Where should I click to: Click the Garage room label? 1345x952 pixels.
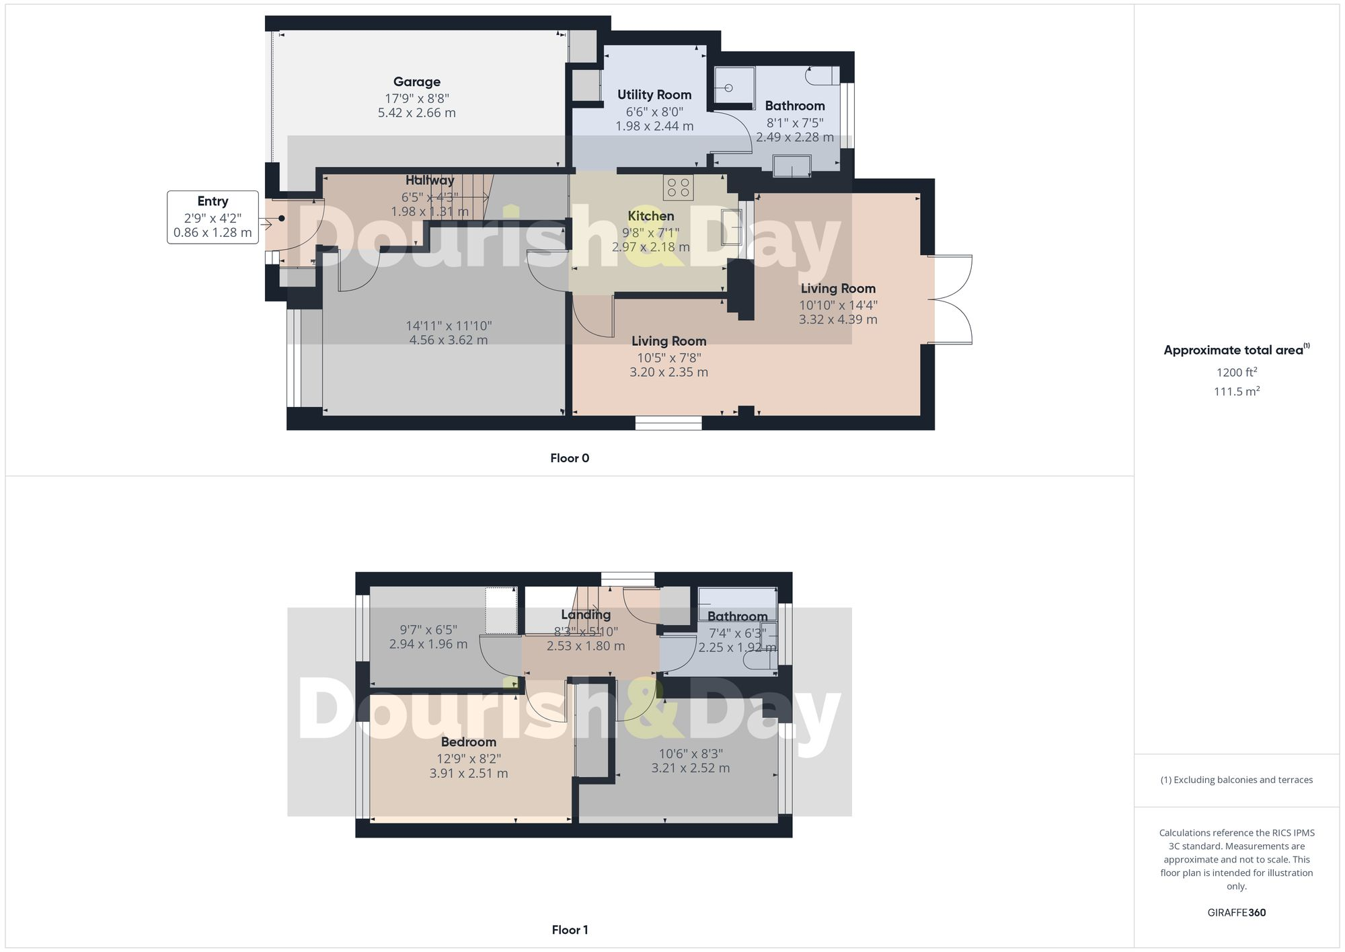[416, 82]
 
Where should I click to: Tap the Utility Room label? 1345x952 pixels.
[654, 95]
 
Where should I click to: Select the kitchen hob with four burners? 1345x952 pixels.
[678, 188]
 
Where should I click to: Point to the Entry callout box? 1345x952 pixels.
[213, 217]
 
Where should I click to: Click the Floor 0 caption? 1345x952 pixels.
[570, 458]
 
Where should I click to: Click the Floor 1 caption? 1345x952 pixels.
[570, 930]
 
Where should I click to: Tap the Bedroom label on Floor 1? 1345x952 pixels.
[469, 742]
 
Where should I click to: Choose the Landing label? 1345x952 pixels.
[586, 615]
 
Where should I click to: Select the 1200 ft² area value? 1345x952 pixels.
[1236, 372]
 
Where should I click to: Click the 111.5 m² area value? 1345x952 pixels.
[1236, 392]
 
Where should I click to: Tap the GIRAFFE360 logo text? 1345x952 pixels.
[1236, 913]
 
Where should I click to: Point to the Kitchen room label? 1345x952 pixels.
[650, 216]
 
